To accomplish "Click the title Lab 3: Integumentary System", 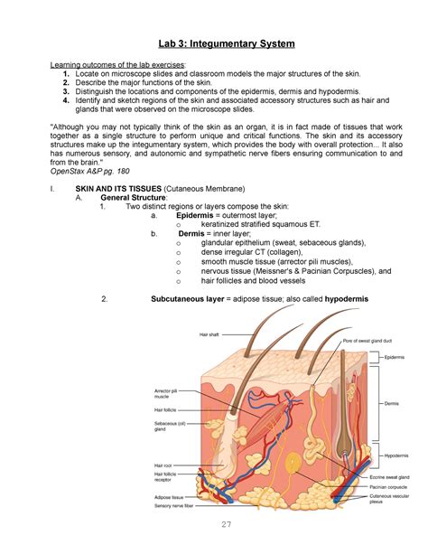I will (214, 42).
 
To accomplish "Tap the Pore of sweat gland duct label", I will (365, 341).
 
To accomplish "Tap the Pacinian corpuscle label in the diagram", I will (389, 486).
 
